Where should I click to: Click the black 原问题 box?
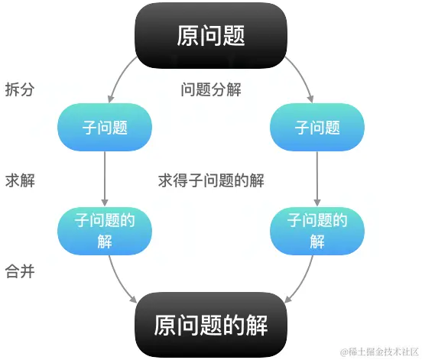point(211,35)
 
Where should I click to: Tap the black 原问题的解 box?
point(211,326)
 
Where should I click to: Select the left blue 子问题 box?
point(105,127)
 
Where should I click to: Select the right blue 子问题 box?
point(317,127)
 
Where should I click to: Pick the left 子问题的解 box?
point(105,231)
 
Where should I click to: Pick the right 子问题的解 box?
point(317,231)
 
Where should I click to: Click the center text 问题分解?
point(211,89)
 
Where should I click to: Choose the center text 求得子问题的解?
point(211,181)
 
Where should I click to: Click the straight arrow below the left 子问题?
point(105,179)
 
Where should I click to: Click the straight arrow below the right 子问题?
point(317,179)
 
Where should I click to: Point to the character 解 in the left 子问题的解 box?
point(105,242)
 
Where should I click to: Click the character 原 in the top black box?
point(187,35)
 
